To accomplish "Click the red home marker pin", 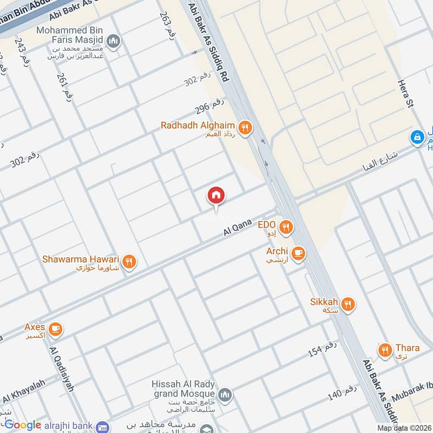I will point(216,196).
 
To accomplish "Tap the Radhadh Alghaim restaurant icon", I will point(245,128).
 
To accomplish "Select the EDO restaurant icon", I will point(286,227).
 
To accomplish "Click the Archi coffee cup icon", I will point(298,253).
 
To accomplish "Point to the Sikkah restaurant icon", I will point(349,304).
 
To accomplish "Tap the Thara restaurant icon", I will point(385,350).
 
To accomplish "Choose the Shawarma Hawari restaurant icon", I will point(129,261).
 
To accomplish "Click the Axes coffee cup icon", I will point(55,329).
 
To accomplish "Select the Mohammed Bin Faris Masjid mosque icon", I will point(113,41).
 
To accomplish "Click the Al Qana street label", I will point(238,226).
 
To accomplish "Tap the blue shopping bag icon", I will point(417,137).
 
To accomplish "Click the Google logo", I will point(23,425).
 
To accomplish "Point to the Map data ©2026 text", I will point(404,428).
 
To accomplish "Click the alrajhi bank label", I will point(71,426).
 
